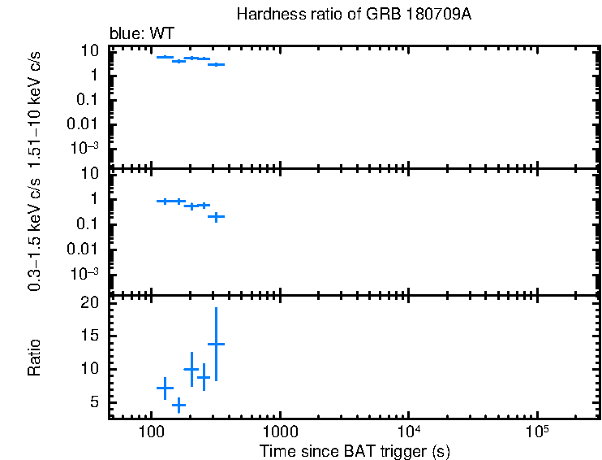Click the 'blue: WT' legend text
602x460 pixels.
[x=142, y=33]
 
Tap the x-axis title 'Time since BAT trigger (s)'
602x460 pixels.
[x=355, y=450]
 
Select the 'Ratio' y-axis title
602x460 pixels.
[x=35, y=358]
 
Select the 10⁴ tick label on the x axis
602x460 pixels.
[x=407, y=428]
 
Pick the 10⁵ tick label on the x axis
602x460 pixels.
[x=536, y=428]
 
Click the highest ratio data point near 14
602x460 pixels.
[x=216, y=344]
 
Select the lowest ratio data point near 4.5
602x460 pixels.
[x=178, y=404]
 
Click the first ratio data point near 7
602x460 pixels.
[x=165, y=388]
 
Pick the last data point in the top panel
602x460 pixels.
[x=216, y=64]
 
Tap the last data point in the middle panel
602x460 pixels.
[x=216, y=217]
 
